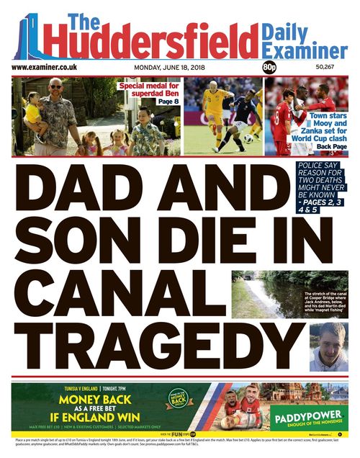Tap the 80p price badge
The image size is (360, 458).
coord(270,67)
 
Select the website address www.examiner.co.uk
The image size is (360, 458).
coord(45,67)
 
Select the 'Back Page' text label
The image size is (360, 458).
coord(332,147)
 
